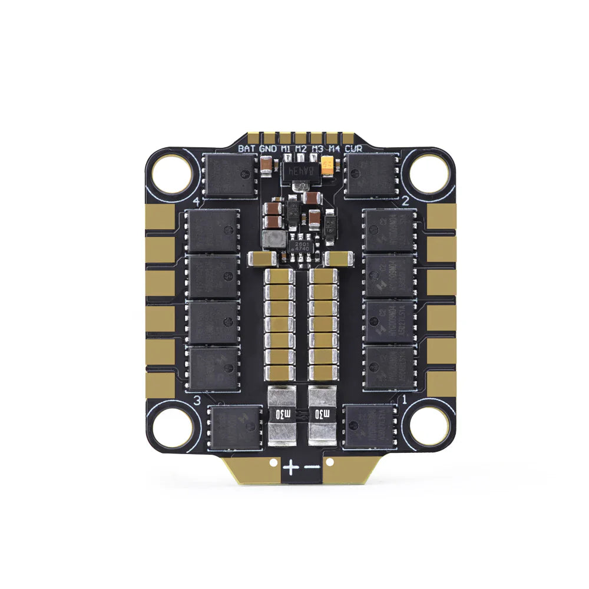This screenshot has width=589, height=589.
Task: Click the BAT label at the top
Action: [247, 149]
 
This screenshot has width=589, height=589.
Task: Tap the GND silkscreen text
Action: [268, 149]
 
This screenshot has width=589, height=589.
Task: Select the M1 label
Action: [286, 149]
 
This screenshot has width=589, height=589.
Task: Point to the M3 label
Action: [318, 149]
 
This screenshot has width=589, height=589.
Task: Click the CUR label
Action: [354, 149]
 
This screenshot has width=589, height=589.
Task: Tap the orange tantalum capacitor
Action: [333, 168]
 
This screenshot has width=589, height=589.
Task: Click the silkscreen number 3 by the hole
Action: [197, 401]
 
